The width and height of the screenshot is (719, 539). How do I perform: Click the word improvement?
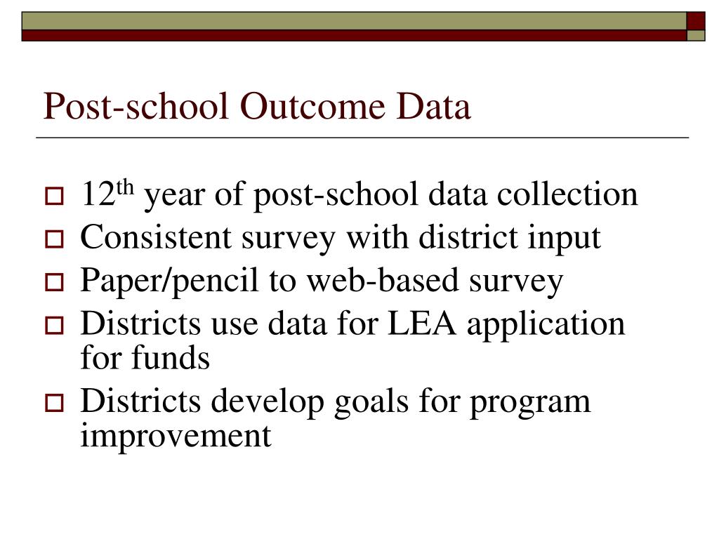coord(176,436)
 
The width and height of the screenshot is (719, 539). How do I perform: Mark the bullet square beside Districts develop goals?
coord(54,405)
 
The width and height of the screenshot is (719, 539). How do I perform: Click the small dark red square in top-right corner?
coord(695,20)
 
